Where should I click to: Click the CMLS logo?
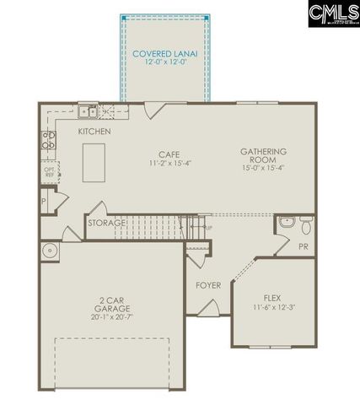tap(333, 13)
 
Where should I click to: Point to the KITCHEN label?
tap(95, 132)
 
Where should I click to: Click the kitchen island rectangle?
tap(94, 159)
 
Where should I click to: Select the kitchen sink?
tap(88, 111)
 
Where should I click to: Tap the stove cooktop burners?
tap(49, 142)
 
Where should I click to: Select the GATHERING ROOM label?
tap(263, 157)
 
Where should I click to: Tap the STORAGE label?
tap(107, 223)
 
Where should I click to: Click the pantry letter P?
tap(43, 202)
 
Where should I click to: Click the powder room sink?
tap(287, 223)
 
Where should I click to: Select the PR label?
tap(303, 246)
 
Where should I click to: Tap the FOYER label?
tap(208, 285)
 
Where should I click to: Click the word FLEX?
tap(272, 298)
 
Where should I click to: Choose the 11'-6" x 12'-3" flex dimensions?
tap(272, 309)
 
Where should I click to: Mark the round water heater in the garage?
tap(49, 250)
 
